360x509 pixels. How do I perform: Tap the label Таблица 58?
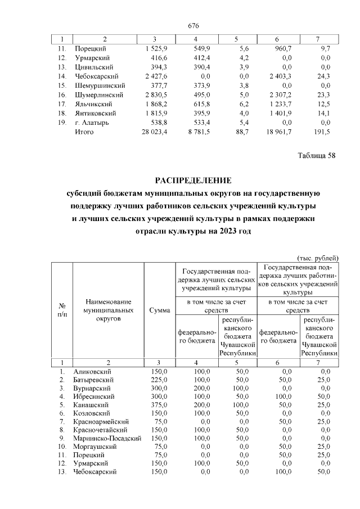[316, 156]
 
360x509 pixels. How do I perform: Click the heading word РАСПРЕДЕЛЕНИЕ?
[193, 181]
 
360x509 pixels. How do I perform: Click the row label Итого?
[84, 132]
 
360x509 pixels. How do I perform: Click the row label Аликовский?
[93, 372]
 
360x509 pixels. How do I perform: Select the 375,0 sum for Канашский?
[160, 405]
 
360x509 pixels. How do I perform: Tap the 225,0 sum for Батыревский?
[160, 380]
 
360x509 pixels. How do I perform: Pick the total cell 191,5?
[323, 132]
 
